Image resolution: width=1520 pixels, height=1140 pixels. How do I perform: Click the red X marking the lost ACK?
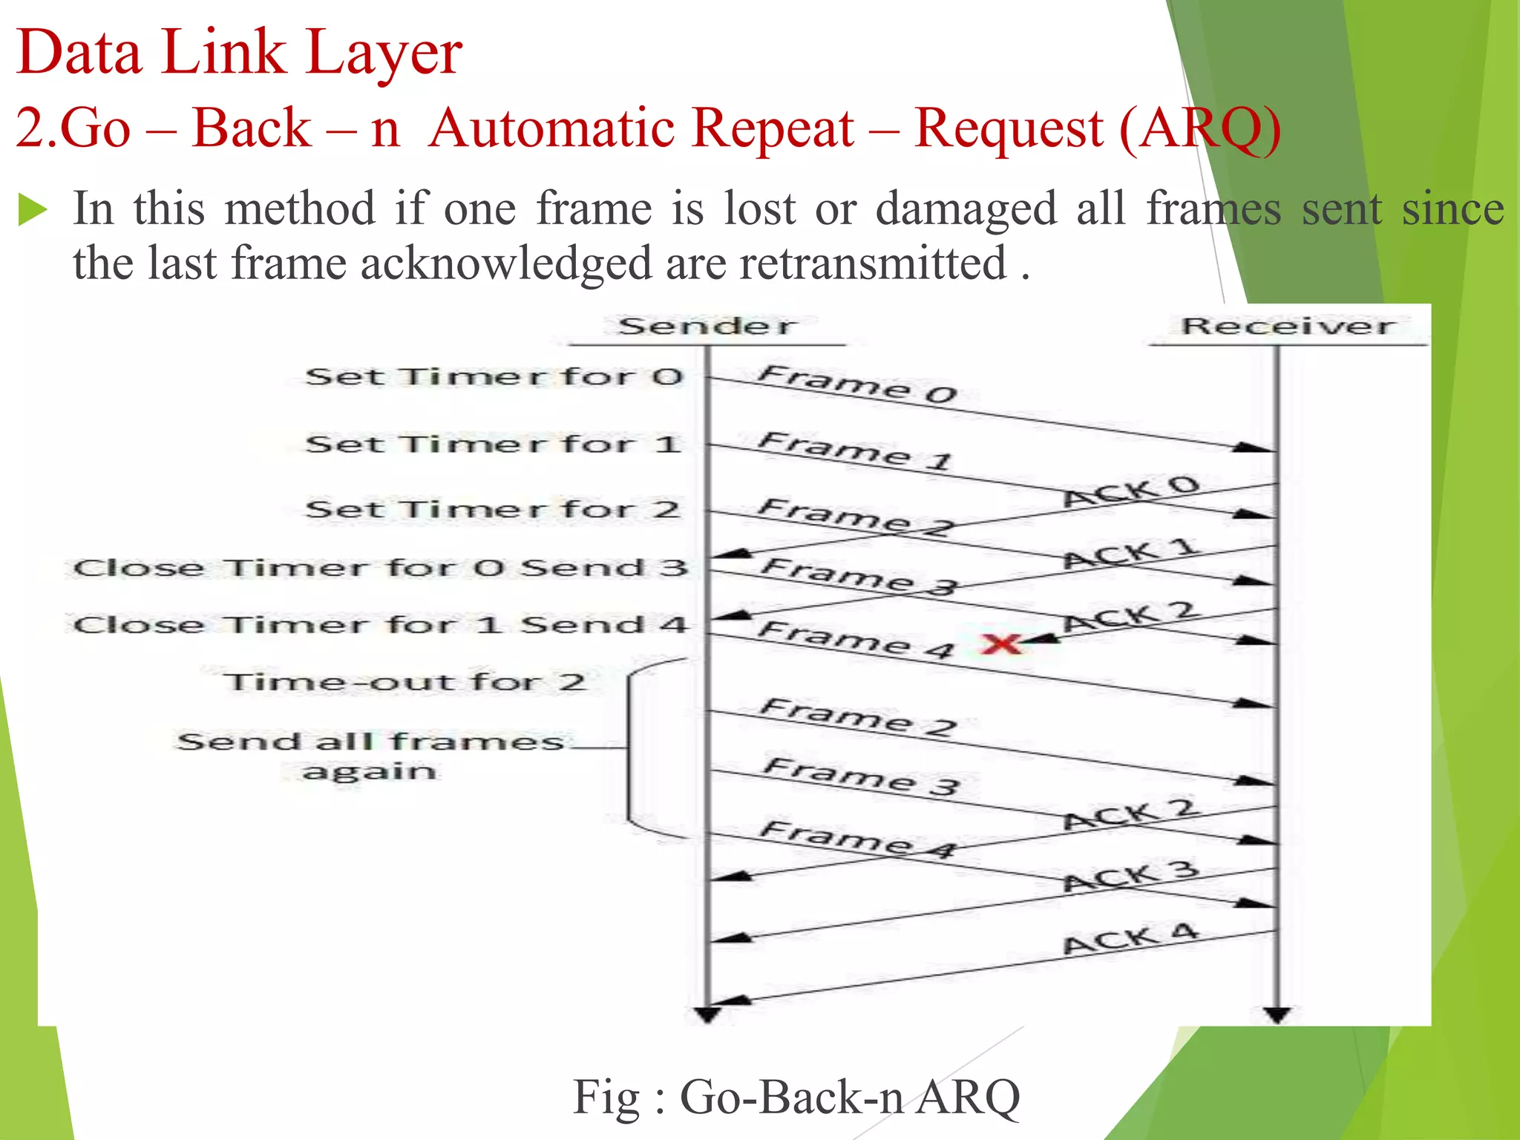[1001, 643]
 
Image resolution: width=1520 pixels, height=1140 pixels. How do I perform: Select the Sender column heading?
[707, 326]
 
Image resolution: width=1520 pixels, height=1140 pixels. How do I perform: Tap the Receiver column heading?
[1288, 326]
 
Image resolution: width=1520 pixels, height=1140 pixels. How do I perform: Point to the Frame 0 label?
[857, 384]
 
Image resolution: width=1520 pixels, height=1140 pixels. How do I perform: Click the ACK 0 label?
[1131, 491]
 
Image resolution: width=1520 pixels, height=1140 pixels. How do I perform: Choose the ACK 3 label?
[1131, 877]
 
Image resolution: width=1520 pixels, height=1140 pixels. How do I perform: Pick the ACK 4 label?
[1131, 940]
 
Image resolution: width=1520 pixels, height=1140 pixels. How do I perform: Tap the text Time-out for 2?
[404, 681]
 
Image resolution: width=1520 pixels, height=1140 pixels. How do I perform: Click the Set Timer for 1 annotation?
[494, 444]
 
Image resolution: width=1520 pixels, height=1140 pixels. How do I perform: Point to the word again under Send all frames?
[369, 772]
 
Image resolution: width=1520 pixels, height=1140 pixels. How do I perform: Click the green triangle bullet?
[32, 209]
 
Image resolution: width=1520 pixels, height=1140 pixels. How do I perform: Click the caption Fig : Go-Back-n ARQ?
[796, 1097]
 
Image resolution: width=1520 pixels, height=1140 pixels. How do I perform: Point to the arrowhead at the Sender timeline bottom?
[707, 1015]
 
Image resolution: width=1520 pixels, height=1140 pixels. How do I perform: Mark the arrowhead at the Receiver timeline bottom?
[1277, 1015]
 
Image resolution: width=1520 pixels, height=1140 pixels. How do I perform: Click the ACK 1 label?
[1131, 554]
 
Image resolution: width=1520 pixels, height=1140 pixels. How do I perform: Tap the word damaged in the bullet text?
[966, 209]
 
